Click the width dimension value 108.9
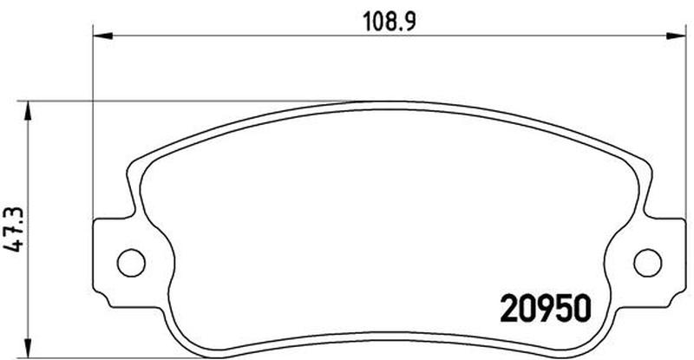[390, 22]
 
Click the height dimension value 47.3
[14, 229]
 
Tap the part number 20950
[546, 309]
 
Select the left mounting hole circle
[131, 263]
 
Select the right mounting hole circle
[647, 263]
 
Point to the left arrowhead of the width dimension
[102, 36]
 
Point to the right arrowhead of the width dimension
[676, 36]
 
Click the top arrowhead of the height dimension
[28, 111]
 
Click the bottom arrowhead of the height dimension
[28, 349]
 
